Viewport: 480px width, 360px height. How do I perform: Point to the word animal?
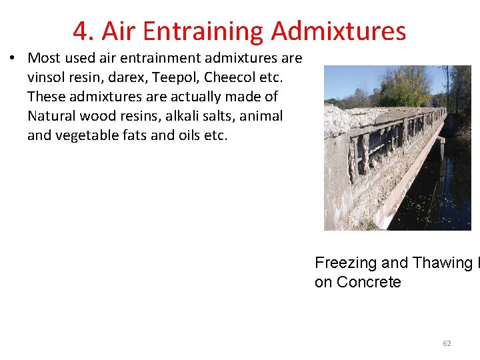click(x=261, y=116)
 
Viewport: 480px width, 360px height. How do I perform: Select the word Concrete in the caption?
click(x=369, y=282)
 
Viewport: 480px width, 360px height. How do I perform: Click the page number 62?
click(x=447, y=343)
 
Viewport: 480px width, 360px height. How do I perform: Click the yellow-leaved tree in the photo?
click(x=407, y=87)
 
